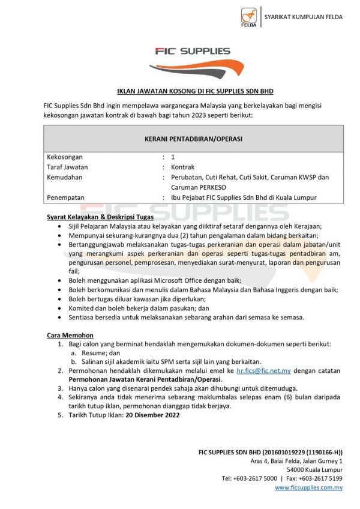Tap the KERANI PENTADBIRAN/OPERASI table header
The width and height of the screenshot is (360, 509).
193,139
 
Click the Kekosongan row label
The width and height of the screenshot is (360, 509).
65,157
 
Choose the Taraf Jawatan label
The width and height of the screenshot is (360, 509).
67,167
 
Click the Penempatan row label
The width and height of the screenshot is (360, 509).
66,197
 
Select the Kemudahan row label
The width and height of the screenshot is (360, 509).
65,177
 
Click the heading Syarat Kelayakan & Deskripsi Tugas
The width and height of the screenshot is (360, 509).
100,217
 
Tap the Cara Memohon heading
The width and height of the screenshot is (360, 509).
70,335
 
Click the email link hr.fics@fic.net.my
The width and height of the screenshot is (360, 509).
264,371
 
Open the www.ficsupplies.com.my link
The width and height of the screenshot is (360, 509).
308,488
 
